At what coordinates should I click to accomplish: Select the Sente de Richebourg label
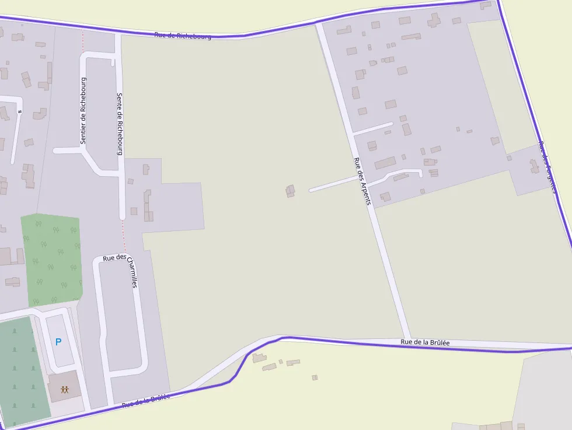click(x=120, y=124)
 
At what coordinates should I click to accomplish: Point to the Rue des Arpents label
click(x=362, y=181)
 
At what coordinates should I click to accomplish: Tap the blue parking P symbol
click(x=58, y=342)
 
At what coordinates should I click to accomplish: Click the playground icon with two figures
click(x=64, y=389)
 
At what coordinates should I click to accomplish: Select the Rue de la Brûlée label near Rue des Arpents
click(x=425, y=342)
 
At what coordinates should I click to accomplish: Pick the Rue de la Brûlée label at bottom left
click(x=145, y=401)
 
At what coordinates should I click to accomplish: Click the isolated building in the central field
click(x=290, y=191)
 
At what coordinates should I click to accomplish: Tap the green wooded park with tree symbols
click(x=51, y=260)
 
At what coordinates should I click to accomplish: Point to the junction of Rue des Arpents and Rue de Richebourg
click(x=318, y=25)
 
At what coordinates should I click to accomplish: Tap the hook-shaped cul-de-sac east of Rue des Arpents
click(x=403, y=173)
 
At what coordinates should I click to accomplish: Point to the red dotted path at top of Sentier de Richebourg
click(x=82, y=41)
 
